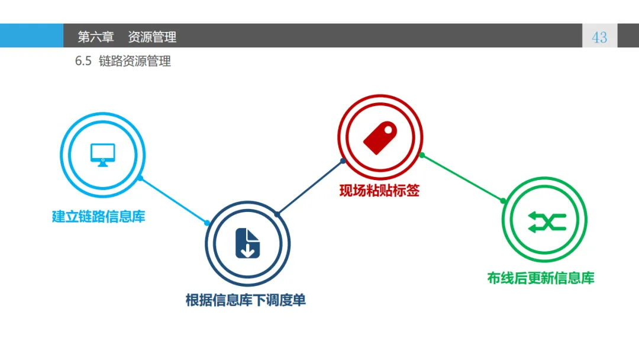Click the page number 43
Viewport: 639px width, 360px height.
(599, 37)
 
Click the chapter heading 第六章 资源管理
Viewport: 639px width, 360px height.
(127, 37)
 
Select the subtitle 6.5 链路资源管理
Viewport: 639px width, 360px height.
(123, 62)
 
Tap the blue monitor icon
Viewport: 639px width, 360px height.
(102, 154)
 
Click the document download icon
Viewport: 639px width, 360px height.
(247, 243)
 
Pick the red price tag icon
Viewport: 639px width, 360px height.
(380, 137)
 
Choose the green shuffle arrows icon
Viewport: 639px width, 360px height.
(544, 221)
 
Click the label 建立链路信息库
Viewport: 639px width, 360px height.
(98, 217)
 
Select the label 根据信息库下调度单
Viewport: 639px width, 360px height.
(246, 300)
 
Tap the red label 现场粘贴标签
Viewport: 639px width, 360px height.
(379, 191)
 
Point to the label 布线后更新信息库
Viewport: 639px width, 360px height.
(540, 278)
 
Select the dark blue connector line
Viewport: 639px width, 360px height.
(310, 187)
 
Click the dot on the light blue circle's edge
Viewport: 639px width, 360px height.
(140, 178)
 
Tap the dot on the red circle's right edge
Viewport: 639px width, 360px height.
(422, 155)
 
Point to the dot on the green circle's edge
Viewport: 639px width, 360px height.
(504, 201)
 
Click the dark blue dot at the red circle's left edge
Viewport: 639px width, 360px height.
(343, 160)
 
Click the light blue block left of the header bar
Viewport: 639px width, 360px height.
(31, 36)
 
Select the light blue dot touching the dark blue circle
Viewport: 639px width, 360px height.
(207, 223)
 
